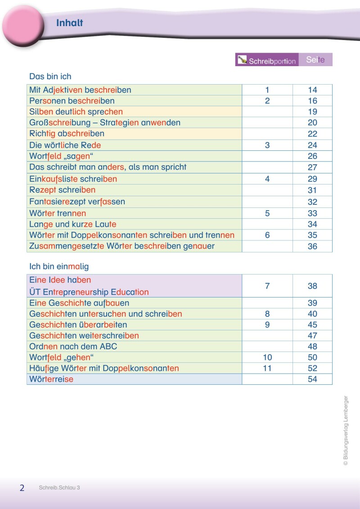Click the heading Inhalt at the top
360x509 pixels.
point(70,23)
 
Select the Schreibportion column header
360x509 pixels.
point(267,60)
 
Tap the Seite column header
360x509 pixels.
point(315,59)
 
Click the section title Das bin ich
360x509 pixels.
point(50,77)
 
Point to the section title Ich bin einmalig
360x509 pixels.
point(59,266)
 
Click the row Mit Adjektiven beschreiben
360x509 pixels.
point(80,90)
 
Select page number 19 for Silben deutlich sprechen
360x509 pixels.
point(312,112)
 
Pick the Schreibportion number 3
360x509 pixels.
point(267,145)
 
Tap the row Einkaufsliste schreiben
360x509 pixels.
point(73,179)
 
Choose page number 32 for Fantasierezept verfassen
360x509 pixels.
point(312,202)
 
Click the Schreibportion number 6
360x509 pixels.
point(267,235)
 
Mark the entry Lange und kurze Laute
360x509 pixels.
point(73,224)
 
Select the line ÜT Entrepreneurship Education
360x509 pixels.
point(89,292)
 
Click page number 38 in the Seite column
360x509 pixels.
point(312,286)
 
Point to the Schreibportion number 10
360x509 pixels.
point(267,357)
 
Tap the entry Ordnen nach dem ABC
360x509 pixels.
point(73,347)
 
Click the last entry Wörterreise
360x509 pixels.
point(51,379)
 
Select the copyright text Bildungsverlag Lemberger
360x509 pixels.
point(346,430)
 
